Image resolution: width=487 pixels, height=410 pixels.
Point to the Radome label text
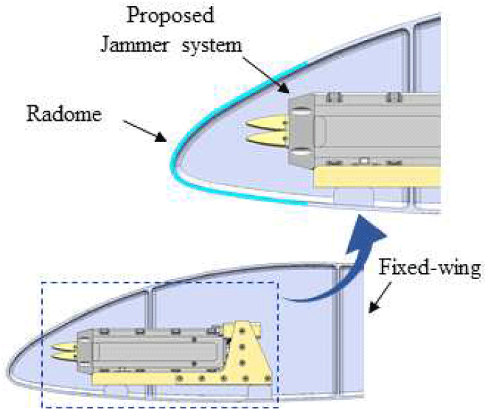coord(64,113)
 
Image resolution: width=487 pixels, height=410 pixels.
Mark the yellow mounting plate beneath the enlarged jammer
coord(380,177)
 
